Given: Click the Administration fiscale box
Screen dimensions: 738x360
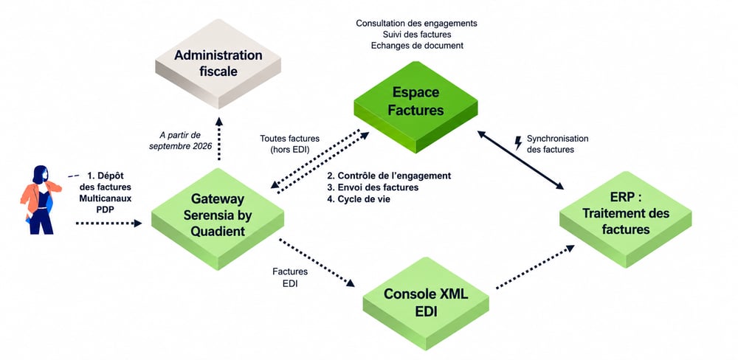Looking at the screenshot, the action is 218,63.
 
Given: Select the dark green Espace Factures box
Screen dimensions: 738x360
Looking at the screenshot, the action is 415,106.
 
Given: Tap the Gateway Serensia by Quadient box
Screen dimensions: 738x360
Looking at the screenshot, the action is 218,218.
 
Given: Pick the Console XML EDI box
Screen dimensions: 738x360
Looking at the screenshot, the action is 426,302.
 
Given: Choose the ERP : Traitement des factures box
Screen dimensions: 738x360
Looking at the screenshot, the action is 626,220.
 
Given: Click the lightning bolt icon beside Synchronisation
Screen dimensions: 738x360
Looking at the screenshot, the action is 518,143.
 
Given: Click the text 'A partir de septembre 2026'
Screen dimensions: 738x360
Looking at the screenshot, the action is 180,141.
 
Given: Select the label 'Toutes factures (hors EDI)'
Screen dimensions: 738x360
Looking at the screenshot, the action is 290,144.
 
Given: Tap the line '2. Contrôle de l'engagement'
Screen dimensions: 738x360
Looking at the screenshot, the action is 389,176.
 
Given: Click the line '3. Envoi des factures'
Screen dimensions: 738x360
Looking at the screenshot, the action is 373,187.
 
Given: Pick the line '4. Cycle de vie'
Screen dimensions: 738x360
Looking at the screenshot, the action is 359,199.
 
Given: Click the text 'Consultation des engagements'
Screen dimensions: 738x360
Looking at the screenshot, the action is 416,23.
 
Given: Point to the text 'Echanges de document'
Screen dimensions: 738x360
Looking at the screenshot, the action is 417,46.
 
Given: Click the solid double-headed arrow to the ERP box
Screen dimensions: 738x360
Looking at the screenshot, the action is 520,160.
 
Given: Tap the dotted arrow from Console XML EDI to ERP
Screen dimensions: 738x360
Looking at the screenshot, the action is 535,267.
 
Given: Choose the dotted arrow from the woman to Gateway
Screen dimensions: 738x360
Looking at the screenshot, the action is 108,223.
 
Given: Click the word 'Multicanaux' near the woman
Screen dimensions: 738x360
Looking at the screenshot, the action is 106,198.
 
